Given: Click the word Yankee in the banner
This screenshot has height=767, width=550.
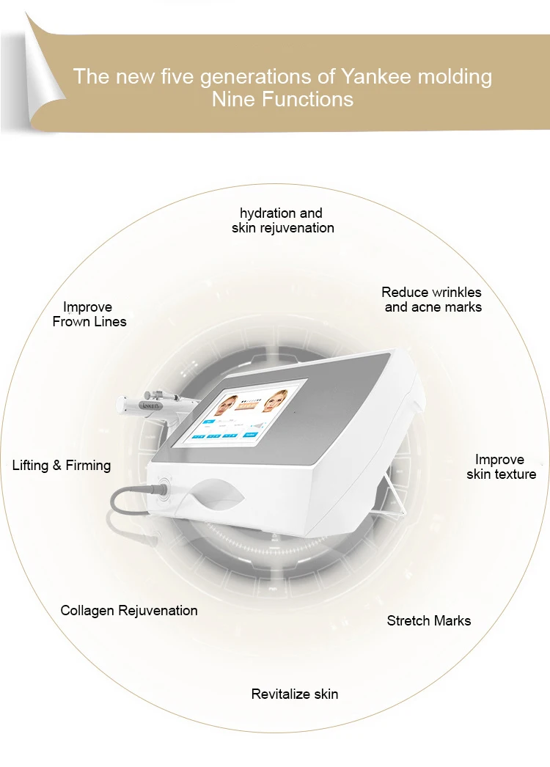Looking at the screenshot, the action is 375,76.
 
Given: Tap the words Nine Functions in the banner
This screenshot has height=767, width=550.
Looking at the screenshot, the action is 282,99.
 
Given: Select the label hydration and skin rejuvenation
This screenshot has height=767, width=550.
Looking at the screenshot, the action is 283,220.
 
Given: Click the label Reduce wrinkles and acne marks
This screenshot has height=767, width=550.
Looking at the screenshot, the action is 432,299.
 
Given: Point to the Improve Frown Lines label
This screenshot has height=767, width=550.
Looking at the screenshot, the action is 89,314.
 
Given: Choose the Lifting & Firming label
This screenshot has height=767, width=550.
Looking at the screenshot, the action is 62,465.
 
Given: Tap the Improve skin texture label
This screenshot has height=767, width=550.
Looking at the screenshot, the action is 501,466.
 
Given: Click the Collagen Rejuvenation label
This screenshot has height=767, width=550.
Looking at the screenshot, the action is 129,611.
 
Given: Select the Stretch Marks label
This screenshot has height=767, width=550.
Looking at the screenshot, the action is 429,621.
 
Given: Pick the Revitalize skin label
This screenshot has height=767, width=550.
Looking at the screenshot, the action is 295,694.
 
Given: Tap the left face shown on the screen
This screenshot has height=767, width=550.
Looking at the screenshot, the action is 226,405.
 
